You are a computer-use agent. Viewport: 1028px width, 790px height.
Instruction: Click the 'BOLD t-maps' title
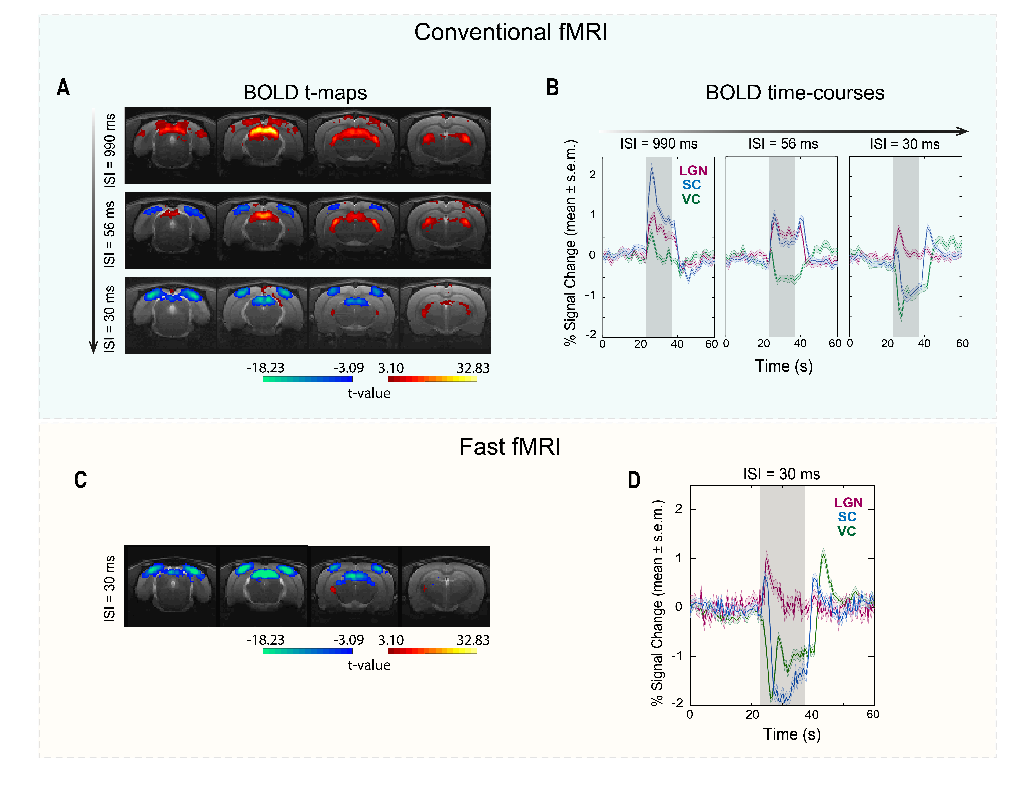click(x=305, y=93)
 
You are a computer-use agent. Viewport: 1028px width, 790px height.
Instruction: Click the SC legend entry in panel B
click(x=691, y=185)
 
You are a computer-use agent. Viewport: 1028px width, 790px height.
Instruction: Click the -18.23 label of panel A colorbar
click(x=266, y=368)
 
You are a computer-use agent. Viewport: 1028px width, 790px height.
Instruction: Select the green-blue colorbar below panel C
click(x=307, y=651)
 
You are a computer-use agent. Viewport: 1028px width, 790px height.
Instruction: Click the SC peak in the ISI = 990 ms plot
click(x=651, y=166)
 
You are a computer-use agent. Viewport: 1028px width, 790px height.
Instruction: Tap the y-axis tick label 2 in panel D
click(x=678, y=509)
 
